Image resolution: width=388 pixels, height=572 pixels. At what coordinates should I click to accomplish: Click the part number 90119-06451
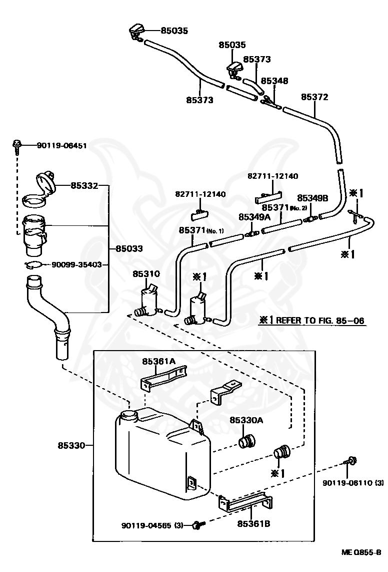click(x=62, y=146)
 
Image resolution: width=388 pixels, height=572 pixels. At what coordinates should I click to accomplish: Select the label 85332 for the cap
click(x=84, y=186)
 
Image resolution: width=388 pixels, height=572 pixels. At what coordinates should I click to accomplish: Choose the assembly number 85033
click(x=129, y=249)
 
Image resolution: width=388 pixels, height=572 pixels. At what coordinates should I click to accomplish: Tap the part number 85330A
click(x=246, y=420)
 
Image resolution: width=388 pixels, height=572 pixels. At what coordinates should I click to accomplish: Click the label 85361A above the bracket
click(x=158, y=361)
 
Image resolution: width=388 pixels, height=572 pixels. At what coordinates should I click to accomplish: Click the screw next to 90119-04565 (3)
click(x=198, y=525)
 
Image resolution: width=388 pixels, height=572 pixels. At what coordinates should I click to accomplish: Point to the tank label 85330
click(x=71, y=445)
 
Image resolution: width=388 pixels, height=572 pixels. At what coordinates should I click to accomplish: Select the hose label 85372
click(x=314, y=97)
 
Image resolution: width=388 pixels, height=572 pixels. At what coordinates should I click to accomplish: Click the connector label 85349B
click(x=312, y=198)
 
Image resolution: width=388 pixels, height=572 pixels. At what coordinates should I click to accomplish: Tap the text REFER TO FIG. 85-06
click(x=320, y=321)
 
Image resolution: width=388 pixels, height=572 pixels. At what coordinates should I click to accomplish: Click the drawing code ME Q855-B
click(x=361, y=552)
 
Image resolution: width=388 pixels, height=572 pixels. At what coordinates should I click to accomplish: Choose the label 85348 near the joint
click(x=274, y=81)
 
